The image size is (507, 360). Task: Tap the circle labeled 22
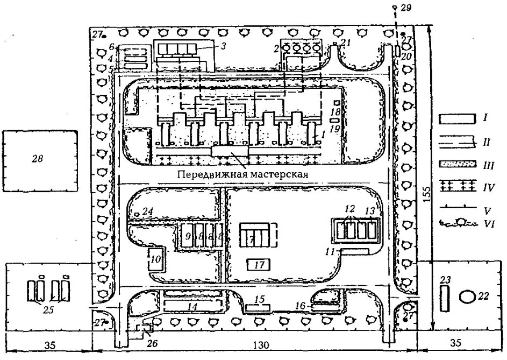click(468, 297)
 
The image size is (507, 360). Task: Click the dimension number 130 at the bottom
click(258, 344)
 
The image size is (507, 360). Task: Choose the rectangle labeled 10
click(157, 259)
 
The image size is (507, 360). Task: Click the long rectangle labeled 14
click(192, 305)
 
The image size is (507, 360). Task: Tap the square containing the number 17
click(259, 264)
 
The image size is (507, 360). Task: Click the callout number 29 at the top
click(405, 8)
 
